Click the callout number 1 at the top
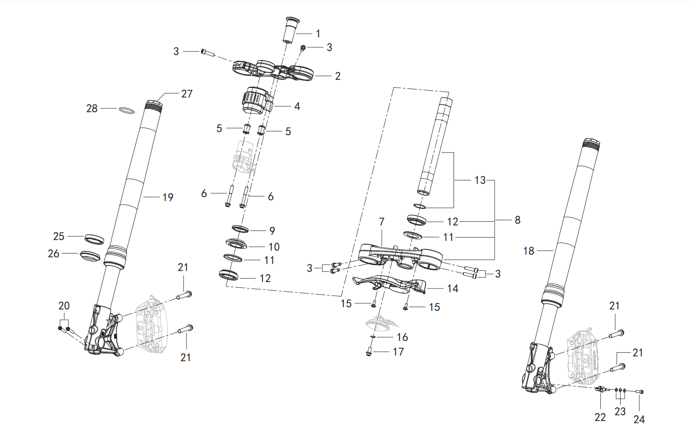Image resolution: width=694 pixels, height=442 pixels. point(318,34)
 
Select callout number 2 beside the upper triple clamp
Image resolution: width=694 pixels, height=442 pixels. point(338,76)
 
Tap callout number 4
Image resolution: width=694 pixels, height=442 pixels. point(297,106)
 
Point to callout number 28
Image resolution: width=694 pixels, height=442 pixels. point(92,108)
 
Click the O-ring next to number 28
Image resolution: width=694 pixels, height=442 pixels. point(127,111)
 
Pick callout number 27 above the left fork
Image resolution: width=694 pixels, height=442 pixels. point(187,94)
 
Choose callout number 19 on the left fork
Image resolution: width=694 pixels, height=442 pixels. point(168,197)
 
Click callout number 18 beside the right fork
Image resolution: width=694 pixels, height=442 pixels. point(529,250)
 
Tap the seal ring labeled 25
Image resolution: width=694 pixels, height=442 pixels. point(94,239)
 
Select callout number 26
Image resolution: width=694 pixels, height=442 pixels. point(53,254)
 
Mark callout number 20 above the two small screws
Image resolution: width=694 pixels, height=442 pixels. point(64,306)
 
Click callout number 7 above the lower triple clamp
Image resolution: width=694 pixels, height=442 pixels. point(382,222)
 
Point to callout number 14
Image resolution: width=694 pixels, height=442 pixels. point(453,288)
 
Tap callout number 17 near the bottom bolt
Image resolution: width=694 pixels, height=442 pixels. point(398,352)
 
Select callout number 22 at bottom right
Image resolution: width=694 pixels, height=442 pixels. point(600,418)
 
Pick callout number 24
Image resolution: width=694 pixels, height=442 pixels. point(639,419)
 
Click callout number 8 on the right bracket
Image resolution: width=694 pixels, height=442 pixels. point(517,220)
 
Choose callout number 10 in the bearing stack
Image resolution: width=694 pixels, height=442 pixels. point(274,247)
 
